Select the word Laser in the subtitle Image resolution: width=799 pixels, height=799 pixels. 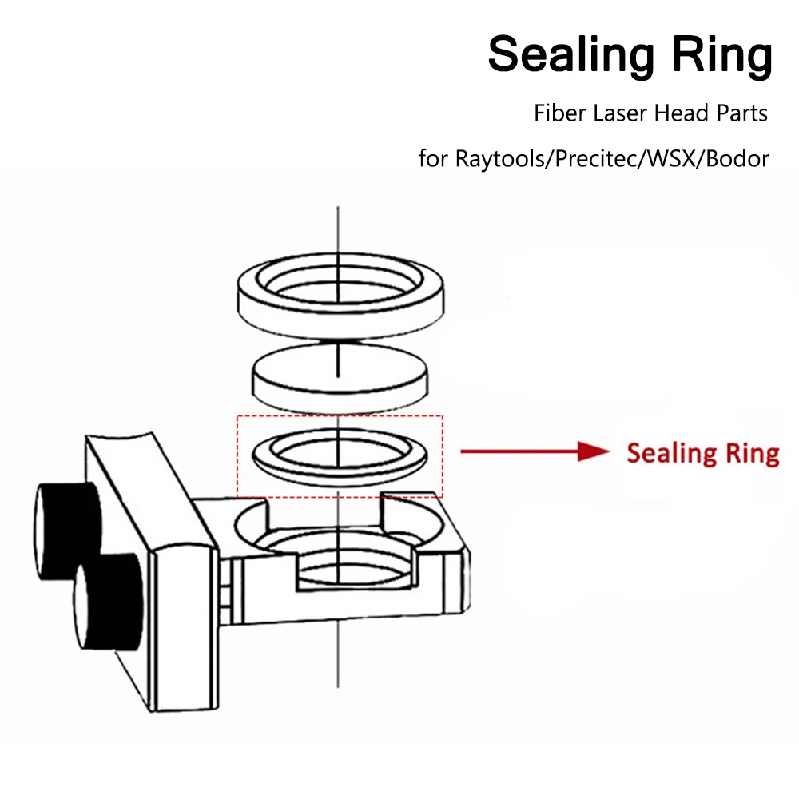(619, 113)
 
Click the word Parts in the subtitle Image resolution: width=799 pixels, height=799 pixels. (743, 113)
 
